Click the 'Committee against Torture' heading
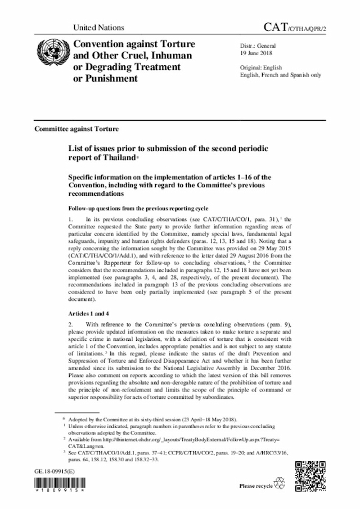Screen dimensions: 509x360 (76, 129)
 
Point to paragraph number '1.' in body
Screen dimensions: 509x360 (71, 218)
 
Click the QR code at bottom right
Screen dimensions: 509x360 (310, 475)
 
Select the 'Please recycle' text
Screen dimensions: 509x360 (256, 486)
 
